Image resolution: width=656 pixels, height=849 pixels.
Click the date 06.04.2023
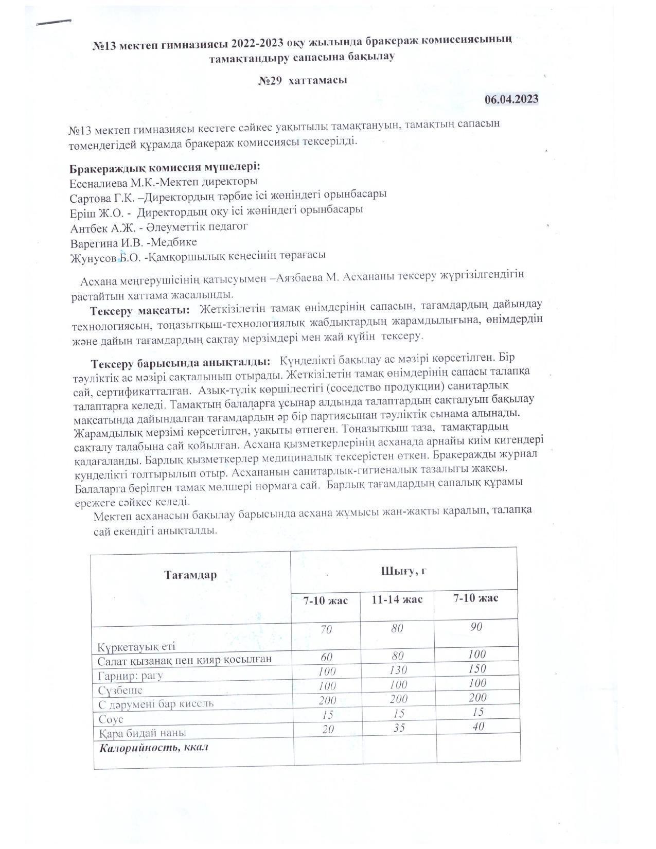pos(511,99)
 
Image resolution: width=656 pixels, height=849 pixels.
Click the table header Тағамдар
pos(190,575)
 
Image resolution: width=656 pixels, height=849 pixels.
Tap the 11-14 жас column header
pos(397,600)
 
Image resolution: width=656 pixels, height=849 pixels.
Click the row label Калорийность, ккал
pos(154,747)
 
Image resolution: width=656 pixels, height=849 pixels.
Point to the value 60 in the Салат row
pos(326,657)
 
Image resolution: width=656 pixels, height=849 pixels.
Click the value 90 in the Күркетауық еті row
pos(476,627)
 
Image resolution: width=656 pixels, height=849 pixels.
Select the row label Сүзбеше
pos(120,690)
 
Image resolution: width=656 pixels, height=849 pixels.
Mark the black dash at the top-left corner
pos(54,22)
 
